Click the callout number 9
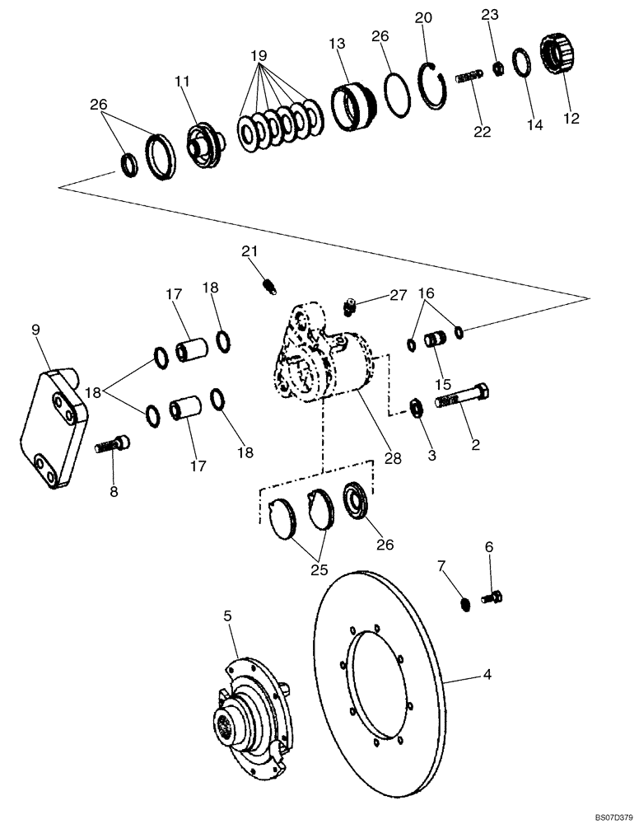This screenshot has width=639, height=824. [x=35, y=330]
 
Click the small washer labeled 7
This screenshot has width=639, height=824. [x=467, y=606]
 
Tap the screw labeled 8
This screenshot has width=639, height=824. [x=114, y=446]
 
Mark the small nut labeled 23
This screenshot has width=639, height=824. [x=498, y=69]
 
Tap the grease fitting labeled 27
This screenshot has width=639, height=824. [x=350, y=309]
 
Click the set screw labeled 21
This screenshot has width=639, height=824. [x=268, y=285]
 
